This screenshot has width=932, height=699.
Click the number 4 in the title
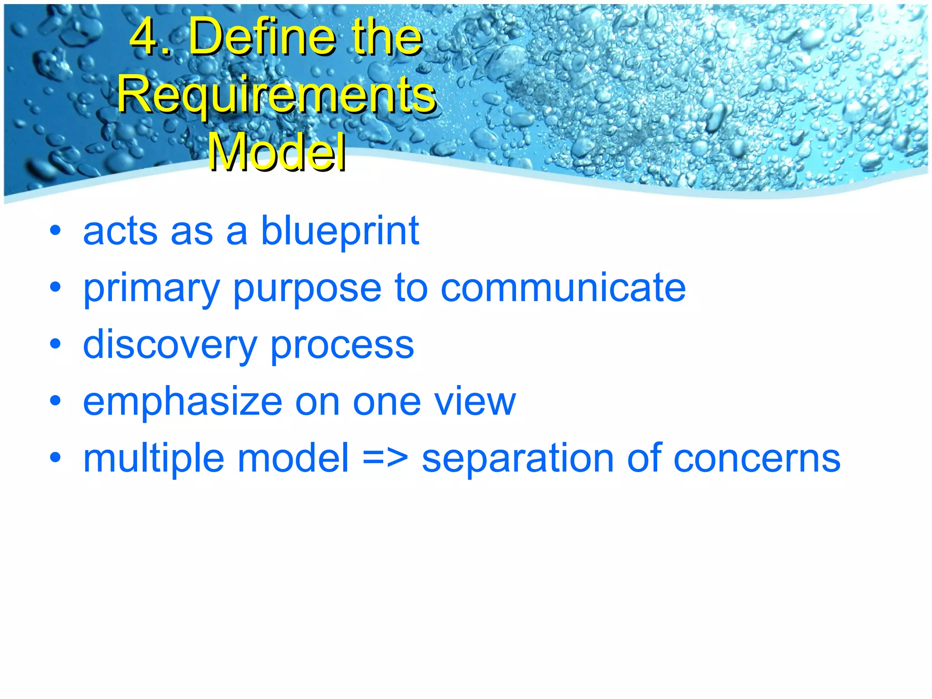145,36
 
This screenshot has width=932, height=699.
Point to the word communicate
563,288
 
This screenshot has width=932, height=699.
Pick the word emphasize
182,401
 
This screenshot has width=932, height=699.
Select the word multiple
153,459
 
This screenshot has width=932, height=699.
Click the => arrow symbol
385,459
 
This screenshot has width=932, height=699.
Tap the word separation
517,459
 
